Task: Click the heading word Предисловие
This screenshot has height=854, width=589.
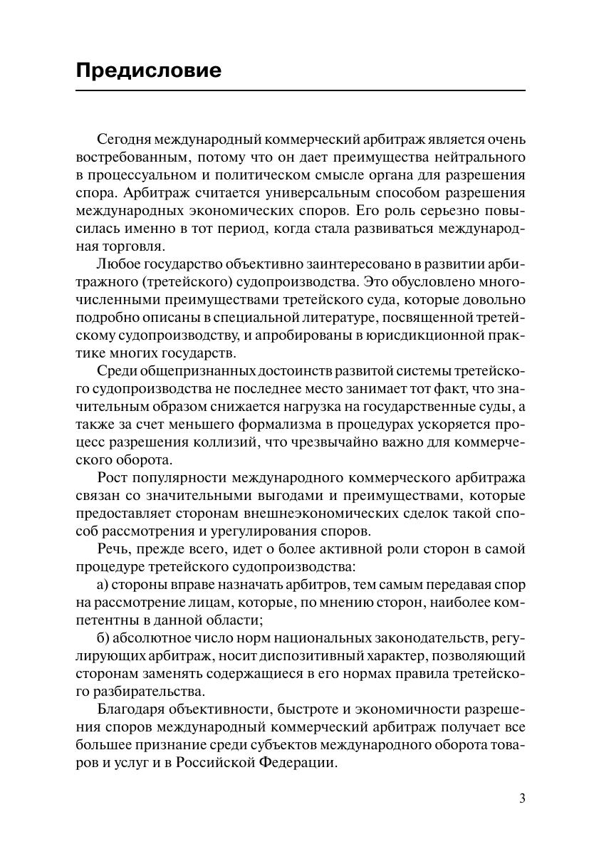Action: tap(148, 71)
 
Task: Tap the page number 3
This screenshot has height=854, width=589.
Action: tap(522, 798)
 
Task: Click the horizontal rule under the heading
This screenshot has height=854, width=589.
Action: tap(300, 91)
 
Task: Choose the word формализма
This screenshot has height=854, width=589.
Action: tap(285, 425)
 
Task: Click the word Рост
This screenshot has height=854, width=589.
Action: tap(110, 478)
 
